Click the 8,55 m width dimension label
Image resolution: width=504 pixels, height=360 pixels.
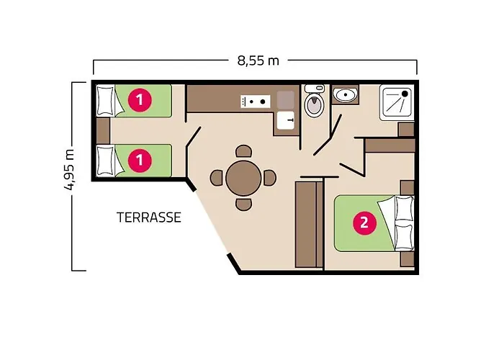coord(257,60)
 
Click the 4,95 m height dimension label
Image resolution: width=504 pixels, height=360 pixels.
coord(70,170)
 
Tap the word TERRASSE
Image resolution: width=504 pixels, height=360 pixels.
coord(149,217)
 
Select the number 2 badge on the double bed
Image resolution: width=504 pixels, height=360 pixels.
coord(364,222)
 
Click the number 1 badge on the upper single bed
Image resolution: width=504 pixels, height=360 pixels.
coord(138,101)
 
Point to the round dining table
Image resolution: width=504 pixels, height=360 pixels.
coord(244,177)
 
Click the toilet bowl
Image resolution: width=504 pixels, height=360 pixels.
coord(314,105)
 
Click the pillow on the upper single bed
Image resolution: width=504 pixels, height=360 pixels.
coord(107,101)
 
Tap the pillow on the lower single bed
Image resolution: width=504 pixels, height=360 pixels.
coord(107,160)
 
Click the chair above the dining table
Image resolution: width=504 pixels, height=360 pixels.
coord(244,151)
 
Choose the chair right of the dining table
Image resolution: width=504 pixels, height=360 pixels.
coord(270,177)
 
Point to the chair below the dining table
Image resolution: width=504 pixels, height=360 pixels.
coord(244,204)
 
